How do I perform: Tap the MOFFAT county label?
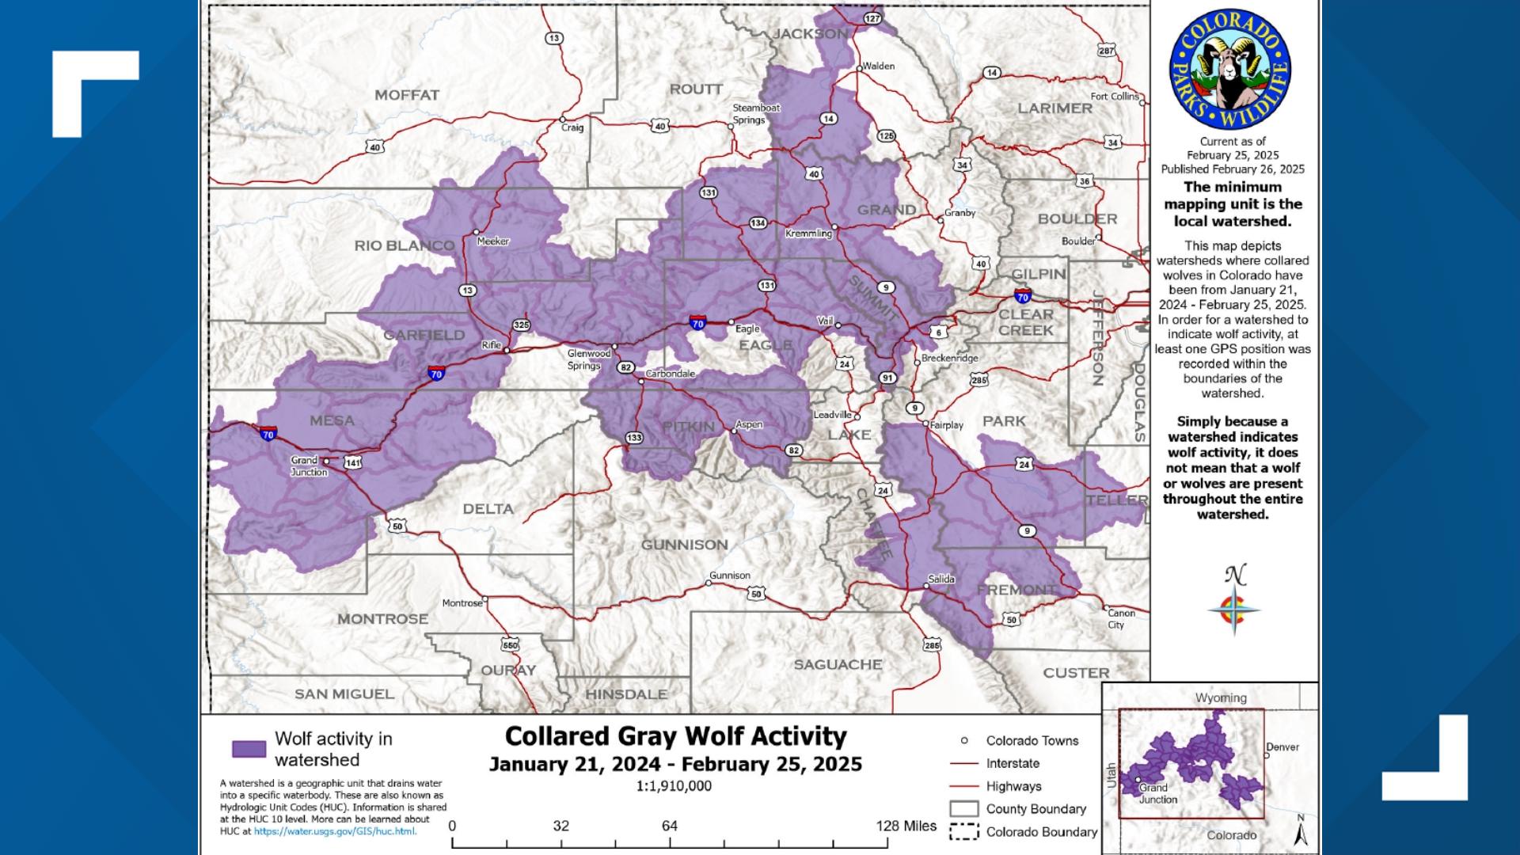coord(407,95)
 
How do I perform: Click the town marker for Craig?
coord(563,120)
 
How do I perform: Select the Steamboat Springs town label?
coord(755,114)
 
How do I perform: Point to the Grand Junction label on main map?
coord(308,466)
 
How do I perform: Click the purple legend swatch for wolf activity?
coord(249,749)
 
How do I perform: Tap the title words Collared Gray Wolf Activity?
coord(675,736)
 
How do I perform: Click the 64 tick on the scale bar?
coord(670,826)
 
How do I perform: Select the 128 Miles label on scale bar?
coord(906,826)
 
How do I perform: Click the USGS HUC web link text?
coord(335,831)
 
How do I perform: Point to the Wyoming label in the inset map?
coord(1221,697)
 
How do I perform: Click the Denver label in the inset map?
coord(1282,747)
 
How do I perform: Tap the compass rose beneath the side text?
coord(1234,610)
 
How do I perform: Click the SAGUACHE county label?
coord(838,665)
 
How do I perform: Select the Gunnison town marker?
coord(709,584)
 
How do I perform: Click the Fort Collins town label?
coord(1114,97)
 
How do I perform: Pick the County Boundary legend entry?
coord(1035,808)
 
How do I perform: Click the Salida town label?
coord(941,579)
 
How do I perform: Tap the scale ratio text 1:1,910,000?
coord(674,786)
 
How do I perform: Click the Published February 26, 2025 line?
coord(1233,169)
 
